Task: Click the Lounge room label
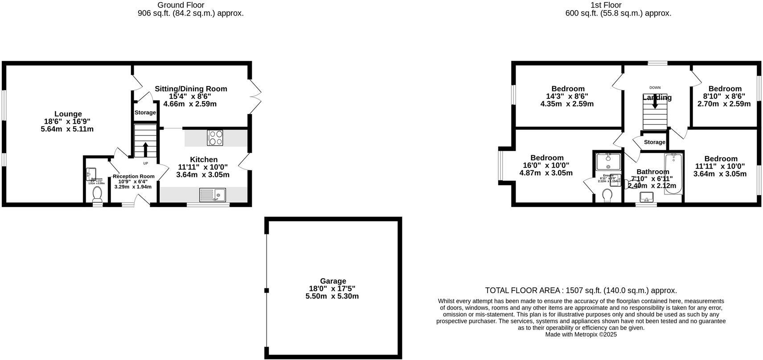(x=68, y=114)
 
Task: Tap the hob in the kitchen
(x=215, y=138)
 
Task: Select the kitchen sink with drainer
(x=212, y=195)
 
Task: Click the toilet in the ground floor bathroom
(x=97, y=194)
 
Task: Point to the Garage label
(x=333, y=281)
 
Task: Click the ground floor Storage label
(x=145, y=113)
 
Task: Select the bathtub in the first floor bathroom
(x=673, y=174)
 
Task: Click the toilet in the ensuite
(x=607, y=195)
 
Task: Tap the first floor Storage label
(x=654, y=142)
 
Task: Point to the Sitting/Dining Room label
(x=191, y=89)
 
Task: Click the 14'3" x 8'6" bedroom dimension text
(x=567, y=96)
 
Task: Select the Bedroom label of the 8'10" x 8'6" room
(x=725, y=89)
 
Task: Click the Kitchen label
(x=204, y=160)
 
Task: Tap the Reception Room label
(x=134, y=176)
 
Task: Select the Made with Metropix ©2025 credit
(x=581, y=335)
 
